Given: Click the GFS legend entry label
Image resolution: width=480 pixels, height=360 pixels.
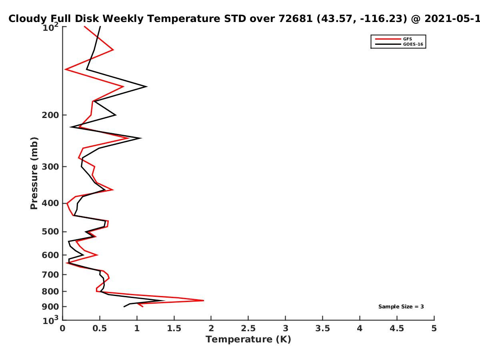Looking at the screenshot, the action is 407,39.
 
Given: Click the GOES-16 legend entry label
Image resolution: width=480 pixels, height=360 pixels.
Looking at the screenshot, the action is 413,44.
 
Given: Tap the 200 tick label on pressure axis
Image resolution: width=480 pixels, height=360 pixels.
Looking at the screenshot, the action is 50,115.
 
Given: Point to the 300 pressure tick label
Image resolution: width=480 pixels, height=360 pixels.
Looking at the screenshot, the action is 50,167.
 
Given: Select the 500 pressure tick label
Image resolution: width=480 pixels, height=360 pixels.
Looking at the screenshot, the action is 50,232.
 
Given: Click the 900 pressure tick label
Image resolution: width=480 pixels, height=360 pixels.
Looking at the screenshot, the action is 50,307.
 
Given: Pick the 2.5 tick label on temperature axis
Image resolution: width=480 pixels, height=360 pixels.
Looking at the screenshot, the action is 248,328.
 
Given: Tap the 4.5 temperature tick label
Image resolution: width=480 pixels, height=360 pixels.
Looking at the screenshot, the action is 397,328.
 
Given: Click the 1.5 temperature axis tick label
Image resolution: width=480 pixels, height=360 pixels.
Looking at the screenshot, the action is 174,328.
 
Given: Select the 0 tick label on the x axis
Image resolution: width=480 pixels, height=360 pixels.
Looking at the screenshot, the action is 62,328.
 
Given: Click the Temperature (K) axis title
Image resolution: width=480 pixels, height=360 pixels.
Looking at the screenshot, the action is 248,340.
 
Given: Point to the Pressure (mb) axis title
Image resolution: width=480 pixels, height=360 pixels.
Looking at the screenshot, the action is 34,173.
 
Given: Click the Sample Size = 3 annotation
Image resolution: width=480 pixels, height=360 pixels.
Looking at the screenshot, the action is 401,307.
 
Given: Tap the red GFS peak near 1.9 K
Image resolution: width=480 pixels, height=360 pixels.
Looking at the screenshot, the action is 204,300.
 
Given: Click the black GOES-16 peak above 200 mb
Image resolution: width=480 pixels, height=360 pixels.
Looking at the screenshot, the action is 147,86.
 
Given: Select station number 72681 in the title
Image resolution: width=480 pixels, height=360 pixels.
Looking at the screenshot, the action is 296,19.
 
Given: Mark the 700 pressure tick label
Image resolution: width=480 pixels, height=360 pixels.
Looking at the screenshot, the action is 50,275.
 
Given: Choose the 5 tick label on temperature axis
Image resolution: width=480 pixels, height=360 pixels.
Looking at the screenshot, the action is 434,328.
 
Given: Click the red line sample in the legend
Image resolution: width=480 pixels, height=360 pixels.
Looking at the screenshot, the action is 388,39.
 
